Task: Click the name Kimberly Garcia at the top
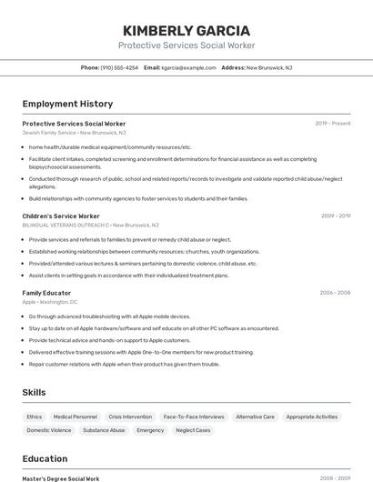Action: [x=186, y=29]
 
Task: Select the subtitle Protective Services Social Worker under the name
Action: [x=186, y=45]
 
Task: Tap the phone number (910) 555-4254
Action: [x=119, y=67]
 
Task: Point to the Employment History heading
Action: [x=67, y=104]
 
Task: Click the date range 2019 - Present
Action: [x=333, y=124]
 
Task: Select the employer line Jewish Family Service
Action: [x=74, y=133]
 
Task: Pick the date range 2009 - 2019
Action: [x=336, y=216]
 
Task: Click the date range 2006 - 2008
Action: [x=335, y=293]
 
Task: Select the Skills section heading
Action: [x=35, y=392]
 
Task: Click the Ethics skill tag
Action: [x=35, y=417]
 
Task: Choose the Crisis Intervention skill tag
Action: [x=130, y=417]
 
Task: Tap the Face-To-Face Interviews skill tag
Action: [x=194, y=417]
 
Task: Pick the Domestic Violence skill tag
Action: [x=49, y=430]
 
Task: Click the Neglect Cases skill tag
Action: [x=193, y=430]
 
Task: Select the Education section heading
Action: [x=45, y=458]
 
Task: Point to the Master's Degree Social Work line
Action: [x=61, y=478]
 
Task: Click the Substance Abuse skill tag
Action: [x=104, y=430]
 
